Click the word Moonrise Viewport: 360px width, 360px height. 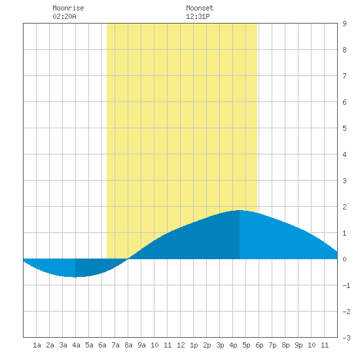click(x=68, y=8)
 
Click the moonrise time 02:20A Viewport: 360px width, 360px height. click(x=64, y=16)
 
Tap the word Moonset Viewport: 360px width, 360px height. click(x=200, y=8)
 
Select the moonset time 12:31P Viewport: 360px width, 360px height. click(x=198, y=16)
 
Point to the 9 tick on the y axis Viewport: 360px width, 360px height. click(x=344, y=24)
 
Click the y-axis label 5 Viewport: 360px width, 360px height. click(x=344, y=128)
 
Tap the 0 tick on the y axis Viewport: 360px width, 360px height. click(x=344, y=259)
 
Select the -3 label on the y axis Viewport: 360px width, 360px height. click(x=346, y=338)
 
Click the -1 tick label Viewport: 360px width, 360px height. click(x=346, y=285)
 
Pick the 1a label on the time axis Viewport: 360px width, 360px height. click(x=37, y=345)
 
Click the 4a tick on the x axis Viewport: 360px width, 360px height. click(x=76, y=345)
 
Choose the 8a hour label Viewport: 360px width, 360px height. click(x=128, y=345)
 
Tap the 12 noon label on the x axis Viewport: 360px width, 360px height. click(x=181, y=345)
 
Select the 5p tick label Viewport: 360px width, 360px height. click(x=246, y=345)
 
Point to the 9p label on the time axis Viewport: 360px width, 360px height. click(x=298, y=345)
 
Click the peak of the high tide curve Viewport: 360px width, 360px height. click(x=240, y=210)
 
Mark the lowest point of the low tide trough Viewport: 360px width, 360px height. click(x=75, y=277)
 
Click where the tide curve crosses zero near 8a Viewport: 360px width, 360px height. click(x=128, y=259)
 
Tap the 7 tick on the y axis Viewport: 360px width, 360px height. click(x=344, y=76)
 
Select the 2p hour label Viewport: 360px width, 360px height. click(x=207, y=345)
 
